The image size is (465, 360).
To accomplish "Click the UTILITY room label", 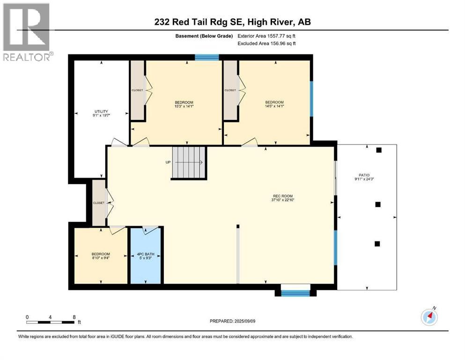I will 101,112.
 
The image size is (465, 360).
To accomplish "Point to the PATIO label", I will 365,175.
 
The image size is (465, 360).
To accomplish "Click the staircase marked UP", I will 189,163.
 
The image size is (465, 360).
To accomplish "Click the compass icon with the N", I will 429,317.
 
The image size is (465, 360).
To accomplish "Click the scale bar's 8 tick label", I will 74,317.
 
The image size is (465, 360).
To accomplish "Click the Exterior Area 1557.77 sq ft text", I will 267,36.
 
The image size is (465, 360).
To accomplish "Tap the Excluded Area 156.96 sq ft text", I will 267,43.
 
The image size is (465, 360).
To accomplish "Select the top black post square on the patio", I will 379,150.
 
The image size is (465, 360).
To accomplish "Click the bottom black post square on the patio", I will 377,243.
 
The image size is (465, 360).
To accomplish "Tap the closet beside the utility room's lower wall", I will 99,203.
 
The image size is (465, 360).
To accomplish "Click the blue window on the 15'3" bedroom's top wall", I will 207,58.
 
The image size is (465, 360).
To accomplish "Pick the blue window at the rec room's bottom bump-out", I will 295,293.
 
